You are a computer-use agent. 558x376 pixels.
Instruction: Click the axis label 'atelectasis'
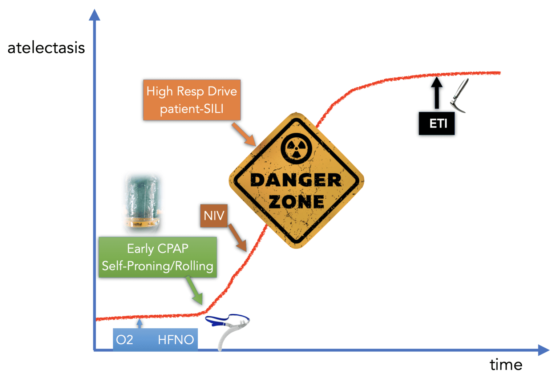[x=46, y=48]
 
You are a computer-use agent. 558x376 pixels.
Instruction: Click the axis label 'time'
[x=506, y=365]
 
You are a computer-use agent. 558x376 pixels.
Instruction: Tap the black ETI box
[x=437, y=124]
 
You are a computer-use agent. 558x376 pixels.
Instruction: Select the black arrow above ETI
[x=437, y=92]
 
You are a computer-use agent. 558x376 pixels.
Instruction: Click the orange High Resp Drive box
[x=192, y=100]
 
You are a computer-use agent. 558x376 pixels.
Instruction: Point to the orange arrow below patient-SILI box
[x=244, y=134]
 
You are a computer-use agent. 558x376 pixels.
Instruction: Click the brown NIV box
[x=214, y=216]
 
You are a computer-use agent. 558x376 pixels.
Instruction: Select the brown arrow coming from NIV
[x=238, y=238]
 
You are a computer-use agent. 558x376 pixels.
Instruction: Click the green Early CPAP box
[x=158, y=257]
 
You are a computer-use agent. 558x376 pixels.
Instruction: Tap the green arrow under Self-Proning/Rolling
[x=194, y=291]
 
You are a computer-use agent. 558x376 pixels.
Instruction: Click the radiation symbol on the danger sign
[x=296, y=149]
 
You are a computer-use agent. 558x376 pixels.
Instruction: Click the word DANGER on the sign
[x=296, y=180]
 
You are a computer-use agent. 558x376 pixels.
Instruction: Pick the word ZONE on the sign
[x=296, y=202]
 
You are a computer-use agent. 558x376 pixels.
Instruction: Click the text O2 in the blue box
[x=125, y=340]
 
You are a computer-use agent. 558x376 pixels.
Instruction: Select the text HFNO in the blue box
[x=176, y=340]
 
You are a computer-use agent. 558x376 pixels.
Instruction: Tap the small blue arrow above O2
[x=139, y=323]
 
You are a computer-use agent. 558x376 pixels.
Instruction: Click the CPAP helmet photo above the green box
[x=142, y=203]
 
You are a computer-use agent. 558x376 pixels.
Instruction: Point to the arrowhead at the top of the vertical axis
[x=94, y=15]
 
